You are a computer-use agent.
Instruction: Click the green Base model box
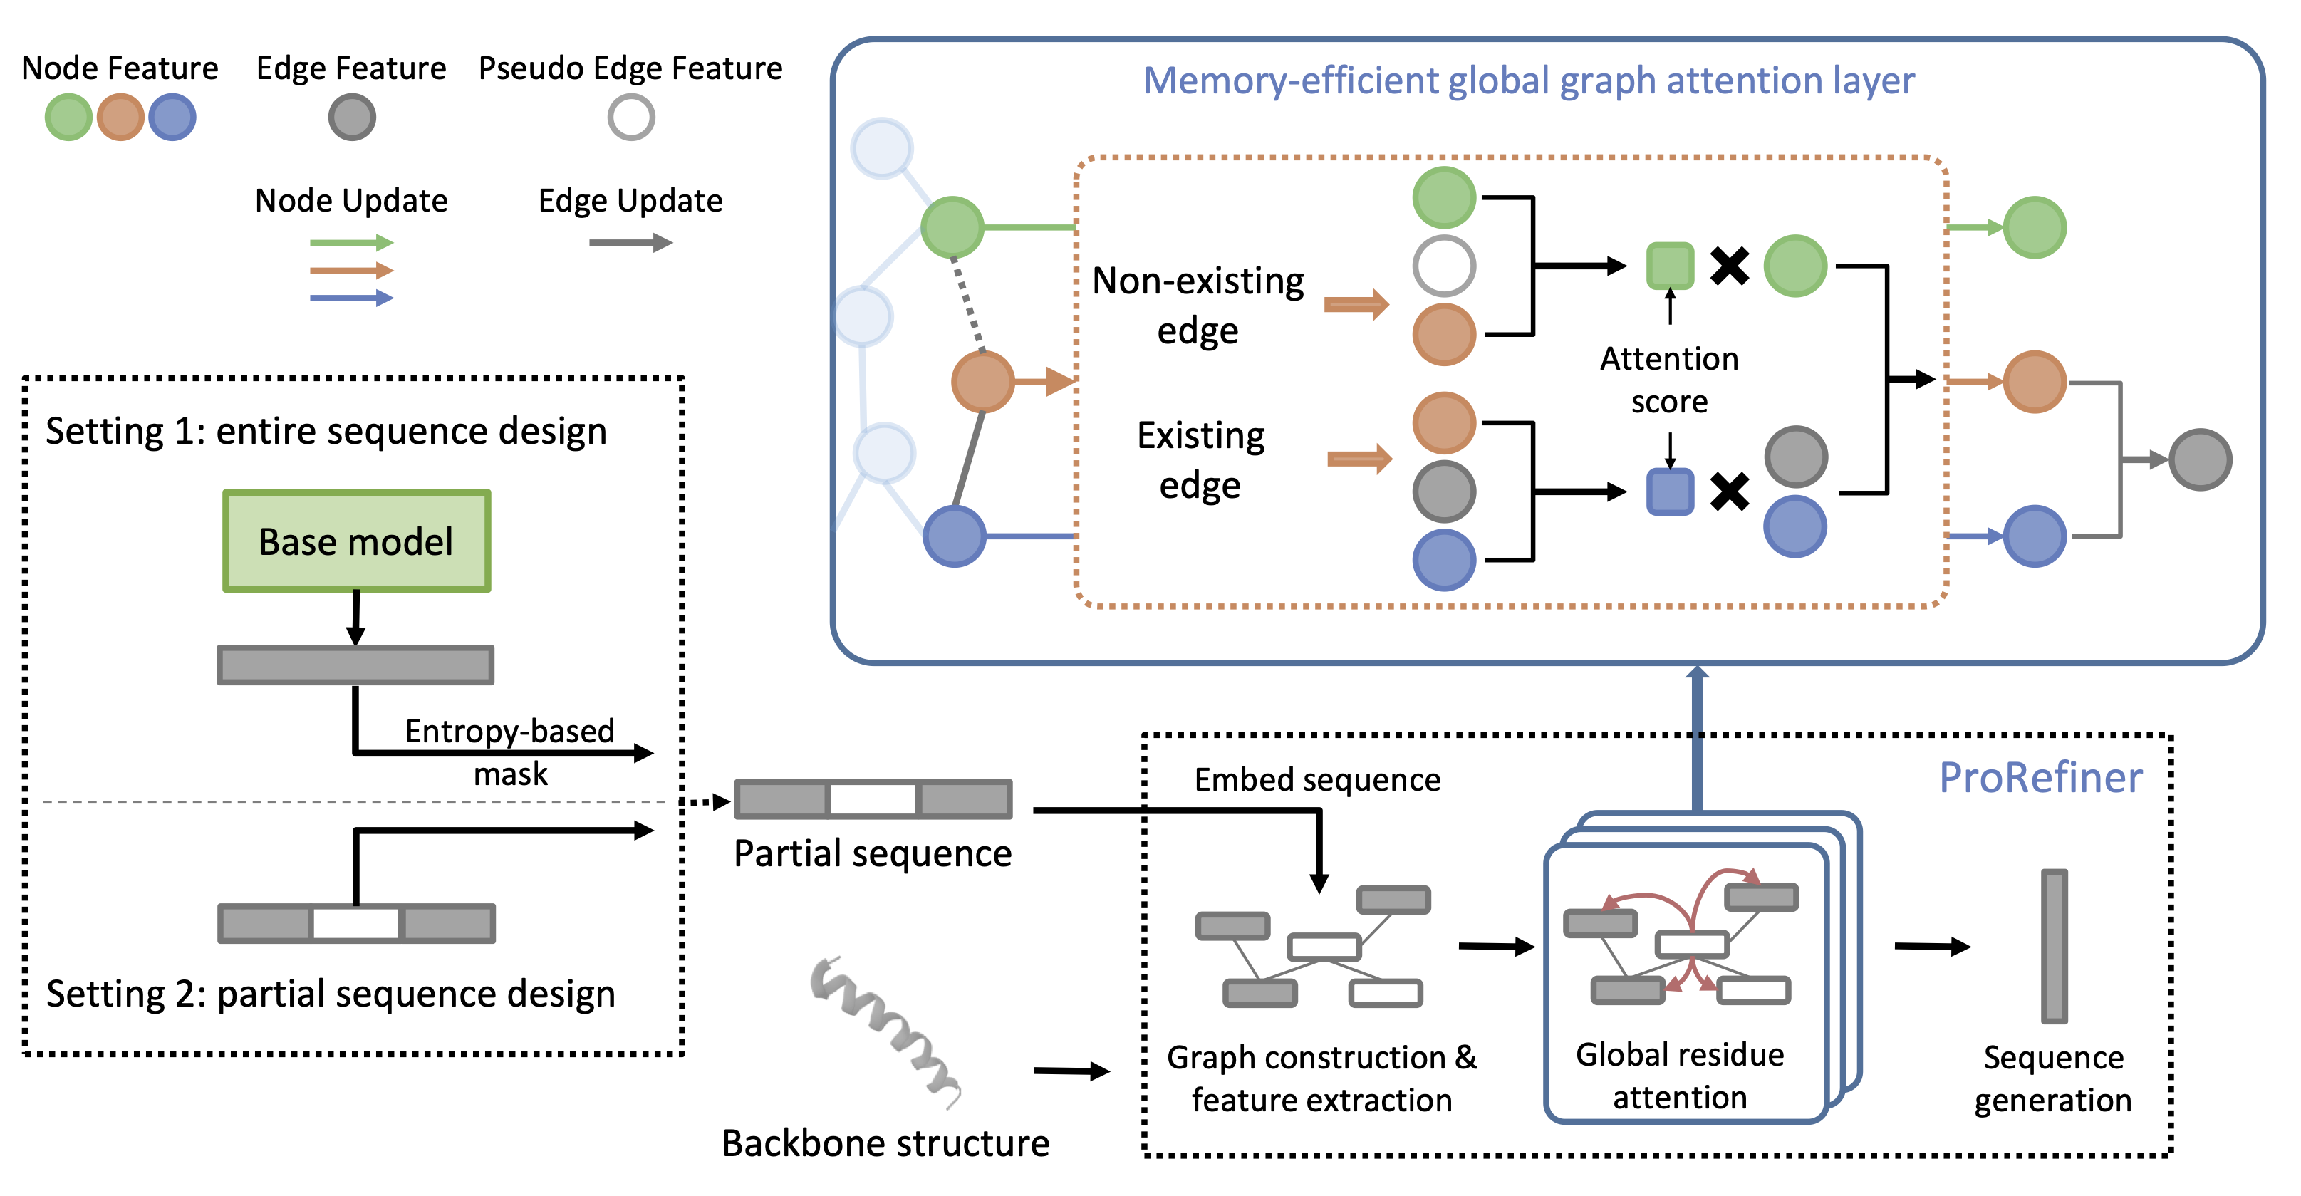tap(356, 541)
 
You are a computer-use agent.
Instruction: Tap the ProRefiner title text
tap(2040, 778)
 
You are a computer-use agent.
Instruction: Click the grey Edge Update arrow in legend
tap(630, 243)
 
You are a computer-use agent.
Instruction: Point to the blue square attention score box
tap(1668, 492)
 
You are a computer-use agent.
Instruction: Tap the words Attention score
tap(1668, 380)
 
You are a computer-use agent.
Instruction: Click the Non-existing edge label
tap(1198, 306)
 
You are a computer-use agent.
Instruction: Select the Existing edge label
tap(1200, 460)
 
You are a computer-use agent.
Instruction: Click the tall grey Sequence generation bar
tap(2054, 947)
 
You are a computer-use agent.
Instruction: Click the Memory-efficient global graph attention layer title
tap(1528, 80)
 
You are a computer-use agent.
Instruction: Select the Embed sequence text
tap(1316, 780)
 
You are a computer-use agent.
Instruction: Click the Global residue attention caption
tap(1679, 1076)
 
